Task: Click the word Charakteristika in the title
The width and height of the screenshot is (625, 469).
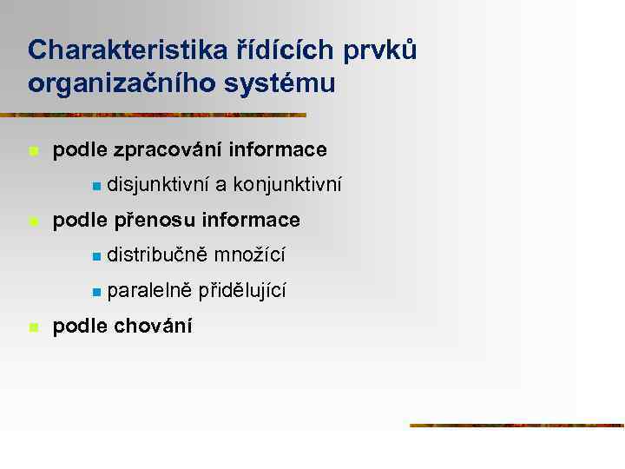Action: pyautogui.click(x=128, y=50)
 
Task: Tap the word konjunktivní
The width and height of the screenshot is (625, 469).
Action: pyautogui.click(x=287, y=185)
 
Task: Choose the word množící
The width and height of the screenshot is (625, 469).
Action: pyautogui.click(x=250, y=255)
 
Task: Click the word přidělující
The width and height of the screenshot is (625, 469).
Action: pyautogui.click(x=242, y=291)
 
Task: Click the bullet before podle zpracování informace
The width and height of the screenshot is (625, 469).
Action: pyautogui.click(x=33, y=151)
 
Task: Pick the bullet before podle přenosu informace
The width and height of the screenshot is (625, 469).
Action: pyautogui.click(x=33, y=221)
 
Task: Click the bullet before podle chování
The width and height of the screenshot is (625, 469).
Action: pyautogui.click(x=33, y=327)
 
